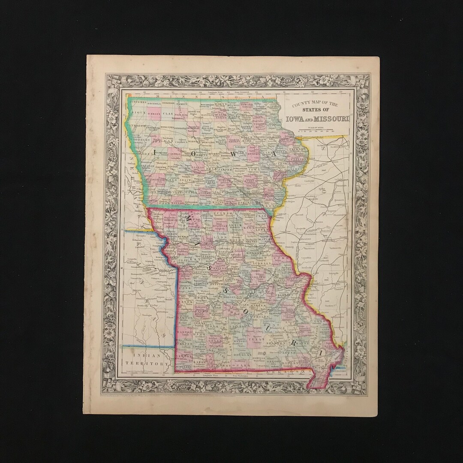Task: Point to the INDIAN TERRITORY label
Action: tap(147, 359)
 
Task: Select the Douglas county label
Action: tap(243, 355)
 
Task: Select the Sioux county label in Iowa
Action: tap(138, 112)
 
